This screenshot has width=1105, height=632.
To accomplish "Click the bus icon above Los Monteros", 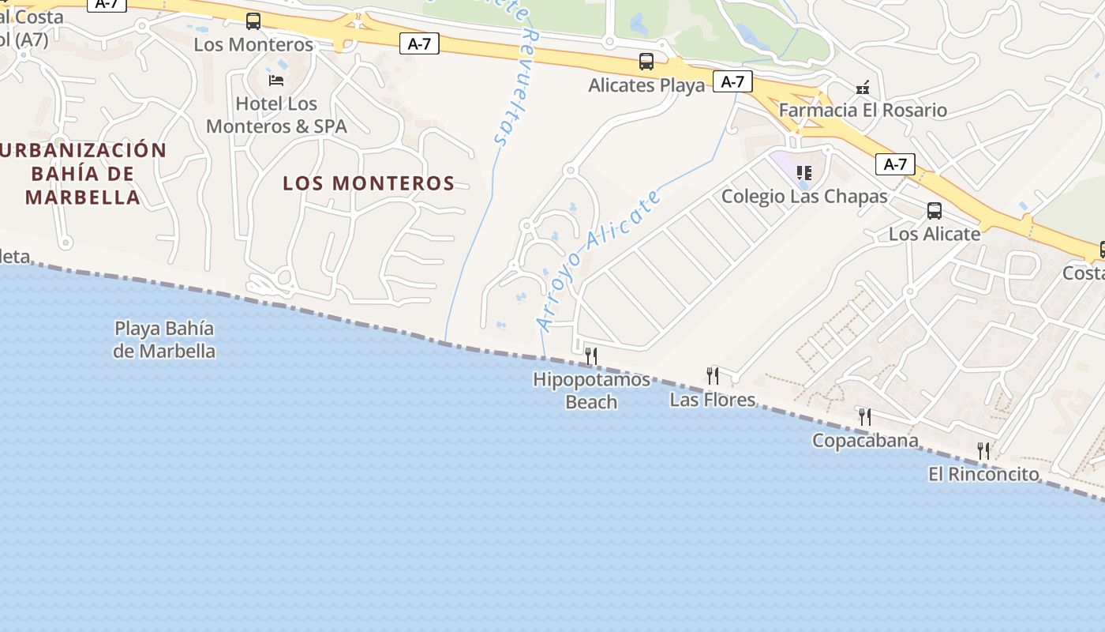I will [x=253, y=21].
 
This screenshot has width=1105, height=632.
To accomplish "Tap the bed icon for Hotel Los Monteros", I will [x=276, y=80].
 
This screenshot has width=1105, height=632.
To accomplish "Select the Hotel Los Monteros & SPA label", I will [x=276, y=115].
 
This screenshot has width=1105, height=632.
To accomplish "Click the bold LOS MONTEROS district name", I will [x=369, y=183].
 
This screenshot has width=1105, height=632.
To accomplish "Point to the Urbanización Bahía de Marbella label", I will [x=83, y=174].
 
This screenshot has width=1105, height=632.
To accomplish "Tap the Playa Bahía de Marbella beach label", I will [x=164, y=340].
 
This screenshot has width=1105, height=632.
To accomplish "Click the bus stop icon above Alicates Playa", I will [x=646, y=62].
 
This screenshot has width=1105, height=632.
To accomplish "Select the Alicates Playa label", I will [x=646, y=85].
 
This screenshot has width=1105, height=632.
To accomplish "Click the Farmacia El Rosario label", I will [x=863, y=110].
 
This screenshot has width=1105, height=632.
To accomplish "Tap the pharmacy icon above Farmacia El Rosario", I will [x=863, y=87].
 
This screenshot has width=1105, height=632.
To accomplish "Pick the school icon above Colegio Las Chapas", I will [x=804, y=172].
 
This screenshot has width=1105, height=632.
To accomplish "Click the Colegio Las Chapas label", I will [x=804, y=196].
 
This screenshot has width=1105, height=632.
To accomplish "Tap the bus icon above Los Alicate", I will [x=935, y=211].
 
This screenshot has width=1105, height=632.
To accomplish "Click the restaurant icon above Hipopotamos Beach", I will [x=590, y=356].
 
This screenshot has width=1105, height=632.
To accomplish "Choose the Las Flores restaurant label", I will [x=713, y=400].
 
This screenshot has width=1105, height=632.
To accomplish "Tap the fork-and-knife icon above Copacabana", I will [x=865, y=416].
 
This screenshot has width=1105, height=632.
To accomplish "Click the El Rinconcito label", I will [x=983, y=474].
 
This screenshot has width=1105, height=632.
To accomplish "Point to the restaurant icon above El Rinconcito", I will [x=983, y=451].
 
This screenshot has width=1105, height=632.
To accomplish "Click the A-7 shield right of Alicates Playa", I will [x=732, y=81].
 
